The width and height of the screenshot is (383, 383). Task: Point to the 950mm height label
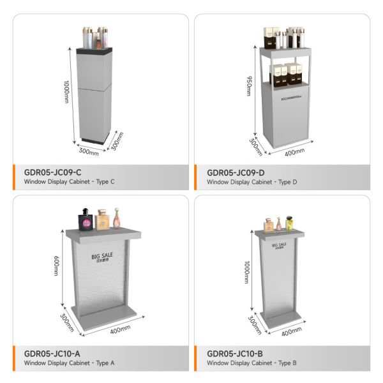pos(249,83)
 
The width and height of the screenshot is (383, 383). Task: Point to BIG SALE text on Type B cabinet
pos(279,244)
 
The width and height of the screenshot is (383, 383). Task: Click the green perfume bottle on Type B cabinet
pos(290,223)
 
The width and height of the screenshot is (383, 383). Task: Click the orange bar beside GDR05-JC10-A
pos(15,357)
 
